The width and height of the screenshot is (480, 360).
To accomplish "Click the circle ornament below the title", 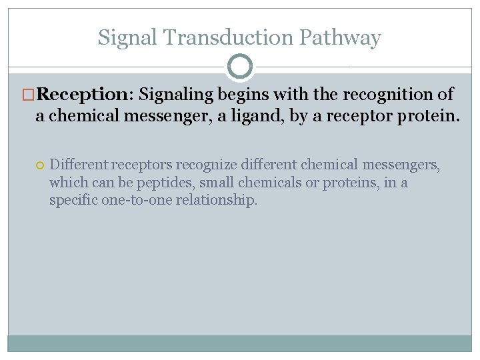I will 240,67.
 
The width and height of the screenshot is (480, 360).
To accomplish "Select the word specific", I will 73,200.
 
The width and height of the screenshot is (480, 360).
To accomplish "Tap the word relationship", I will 216,200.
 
